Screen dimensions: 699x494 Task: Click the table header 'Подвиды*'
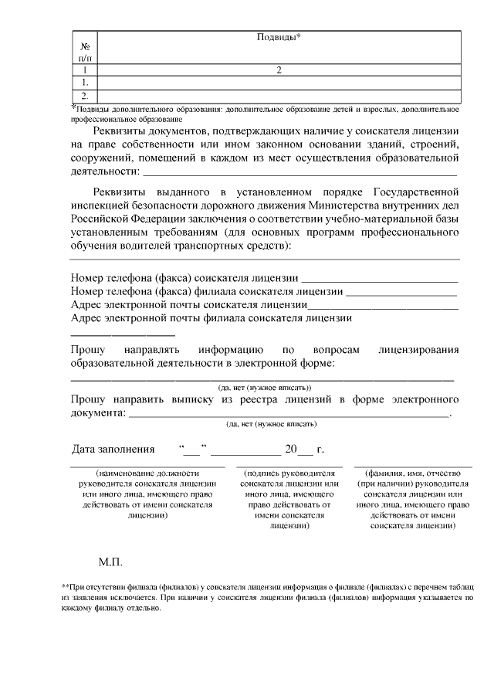point(278,37)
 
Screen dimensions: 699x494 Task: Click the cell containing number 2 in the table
point(278,70)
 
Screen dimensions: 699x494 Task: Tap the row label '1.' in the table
point(84,81)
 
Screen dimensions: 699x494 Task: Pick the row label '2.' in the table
point(84,96)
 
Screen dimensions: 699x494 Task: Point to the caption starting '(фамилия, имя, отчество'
point(412,498)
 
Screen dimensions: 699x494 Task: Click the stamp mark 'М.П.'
point(110,561)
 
